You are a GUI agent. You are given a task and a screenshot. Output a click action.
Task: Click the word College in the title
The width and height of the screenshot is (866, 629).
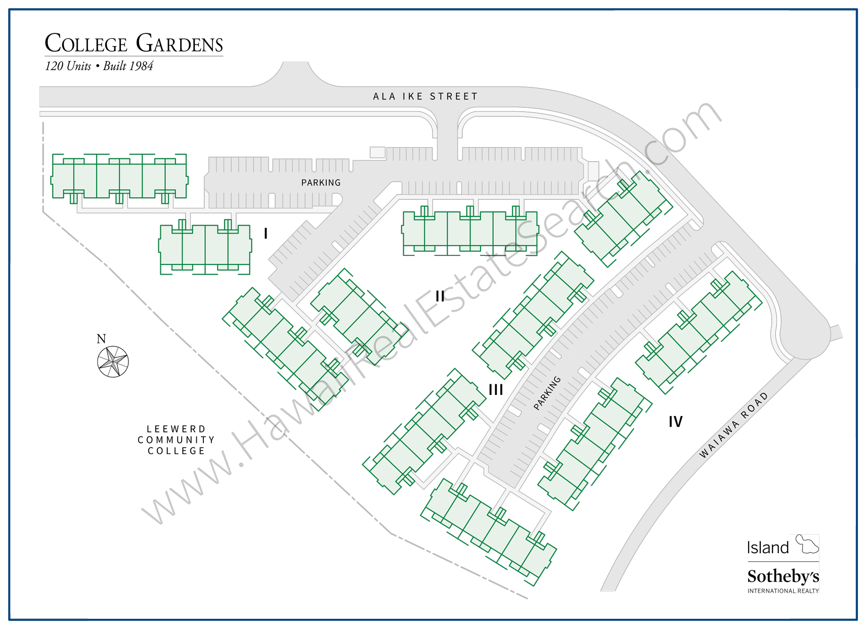point(86,43)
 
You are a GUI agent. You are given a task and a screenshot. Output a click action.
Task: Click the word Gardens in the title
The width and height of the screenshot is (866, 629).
point(180,43)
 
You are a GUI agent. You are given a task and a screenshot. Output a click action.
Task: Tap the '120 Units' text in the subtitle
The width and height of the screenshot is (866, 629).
point(68,66)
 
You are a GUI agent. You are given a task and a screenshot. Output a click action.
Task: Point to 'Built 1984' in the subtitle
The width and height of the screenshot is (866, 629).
point(128,66)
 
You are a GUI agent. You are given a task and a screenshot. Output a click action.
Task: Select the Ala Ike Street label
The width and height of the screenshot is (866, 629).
point(425,97)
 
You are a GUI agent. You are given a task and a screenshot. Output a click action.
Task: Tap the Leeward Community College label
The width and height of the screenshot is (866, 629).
point(177,440)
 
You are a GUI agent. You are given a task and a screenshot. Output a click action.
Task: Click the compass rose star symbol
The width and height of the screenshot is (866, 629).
point(113,362)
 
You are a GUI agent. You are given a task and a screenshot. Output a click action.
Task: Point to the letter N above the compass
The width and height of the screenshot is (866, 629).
point(101,339)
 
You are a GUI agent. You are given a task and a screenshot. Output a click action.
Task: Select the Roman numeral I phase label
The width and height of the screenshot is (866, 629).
point(266,234)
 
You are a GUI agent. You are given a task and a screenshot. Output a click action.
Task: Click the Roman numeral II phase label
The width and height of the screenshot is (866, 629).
point(440,296)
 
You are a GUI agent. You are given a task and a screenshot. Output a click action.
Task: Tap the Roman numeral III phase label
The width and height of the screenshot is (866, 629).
point(496,390)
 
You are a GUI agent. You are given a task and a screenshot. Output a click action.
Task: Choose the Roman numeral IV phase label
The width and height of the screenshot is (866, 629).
point(675,422)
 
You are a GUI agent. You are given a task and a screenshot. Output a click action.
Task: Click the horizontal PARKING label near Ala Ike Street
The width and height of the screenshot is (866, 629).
point(321,183)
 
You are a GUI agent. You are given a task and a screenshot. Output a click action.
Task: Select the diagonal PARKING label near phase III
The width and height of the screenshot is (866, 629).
point(547,392)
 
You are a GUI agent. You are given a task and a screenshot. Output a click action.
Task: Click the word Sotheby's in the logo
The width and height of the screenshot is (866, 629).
point(783,576)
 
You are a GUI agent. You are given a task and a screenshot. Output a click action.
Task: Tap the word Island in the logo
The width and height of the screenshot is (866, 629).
point(768,548)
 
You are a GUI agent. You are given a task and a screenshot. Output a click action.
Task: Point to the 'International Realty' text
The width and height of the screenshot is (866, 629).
point(783,591)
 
